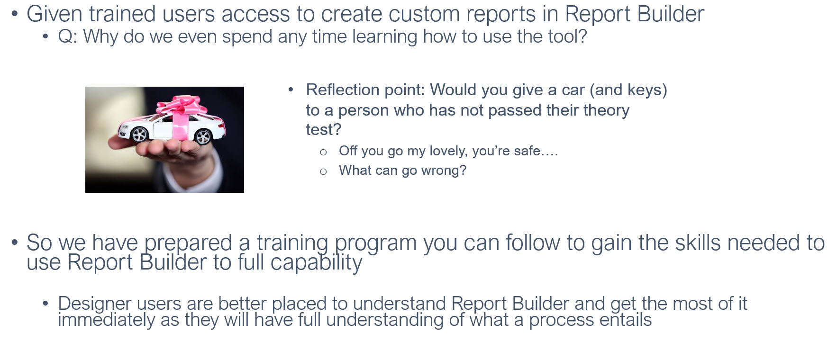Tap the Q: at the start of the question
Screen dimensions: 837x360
[68, 37]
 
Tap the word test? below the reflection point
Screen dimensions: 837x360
[324, 129]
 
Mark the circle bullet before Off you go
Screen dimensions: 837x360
[323, 152]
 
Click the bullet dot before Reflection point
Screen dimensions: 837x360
[291, 89]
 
